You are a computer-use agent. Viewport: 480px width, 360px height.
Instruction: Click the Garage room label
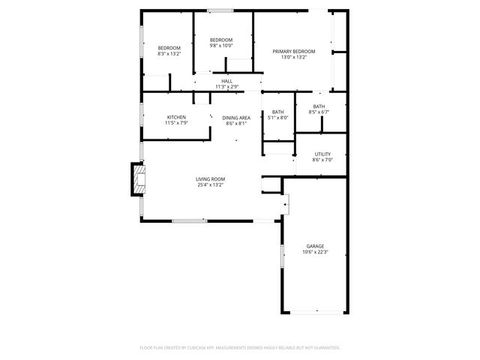click(315, 246)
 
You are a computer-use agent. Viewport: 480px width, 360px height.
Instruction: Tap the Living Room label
click(210, 178)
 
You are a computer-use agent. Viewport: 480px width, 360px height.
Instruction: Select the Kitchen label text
click(176, 117)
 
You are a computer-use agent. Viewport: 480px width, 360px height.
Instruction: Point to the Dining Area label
click(236, 118)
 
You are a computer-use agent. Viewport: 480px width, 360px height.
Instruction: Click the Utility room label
click(322, 154)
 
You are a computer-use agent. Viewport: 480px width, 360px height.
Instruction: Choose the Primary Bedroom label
click(293, 51)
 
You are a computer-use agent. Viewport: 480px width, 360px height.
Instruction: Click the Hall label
click(226, 81)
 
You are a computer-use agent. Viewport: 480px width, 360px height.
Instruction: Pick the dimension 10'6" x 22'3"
click(315, 252)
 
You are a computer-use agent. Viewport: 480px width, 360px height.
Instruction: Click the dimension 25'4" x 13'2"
click(210, 184)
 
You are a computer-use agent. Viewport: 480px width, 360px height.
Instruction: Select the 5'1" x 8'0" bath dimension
click(278, 118)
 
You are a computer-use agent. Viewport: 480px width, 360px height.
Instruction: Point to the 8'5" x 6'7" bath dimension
click(319, 112)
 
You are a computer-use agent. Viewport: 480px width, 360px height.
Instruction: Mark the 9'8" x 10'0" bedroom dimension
click(220, 45)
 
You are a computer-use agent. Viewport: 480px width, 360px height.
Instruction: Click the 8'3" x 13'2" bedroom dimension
click(169, 54)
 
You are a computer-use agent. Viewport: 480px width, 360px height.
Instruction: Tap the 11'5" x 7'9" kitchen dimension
click(176, 123)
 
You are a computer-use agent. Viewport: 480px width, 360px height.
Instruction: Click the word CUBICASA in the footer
click(202, 348)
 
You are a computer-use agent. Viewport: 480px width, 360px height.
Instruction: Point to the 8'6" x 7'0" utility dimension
click(322, 160)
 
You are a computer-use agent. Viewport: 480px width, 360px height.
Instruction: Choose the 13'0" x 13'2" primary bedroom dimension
click(293, 57)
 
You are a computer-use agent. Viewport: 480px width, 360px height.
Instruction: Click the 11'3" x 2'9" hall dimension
click(226, 87)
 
